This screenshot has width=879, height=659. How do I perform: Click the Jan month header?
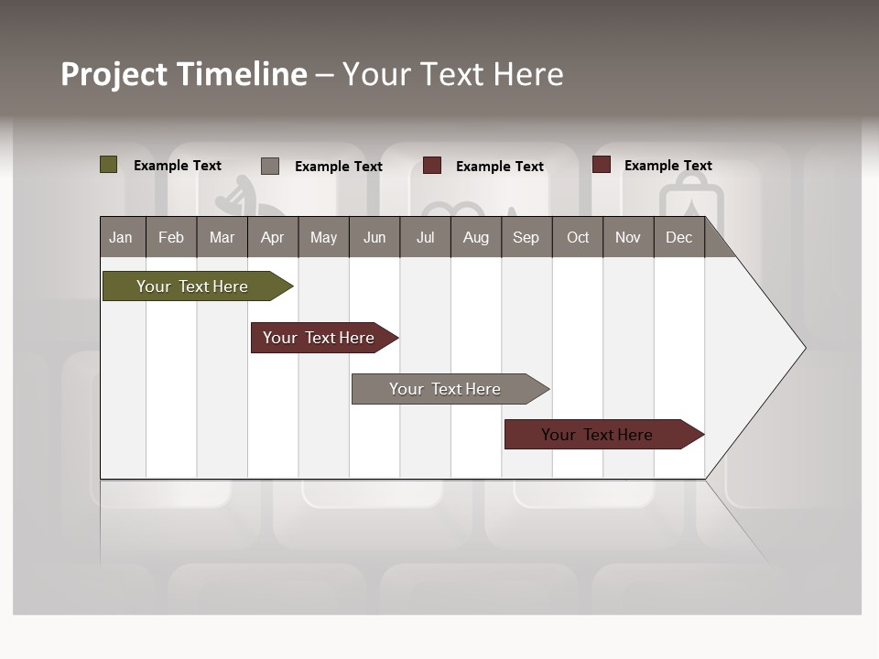(x=121, y=237)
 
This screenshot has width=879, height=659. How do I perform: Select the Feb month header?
(x=171, y=237)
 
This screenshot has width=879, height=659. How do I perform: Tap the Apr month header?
(x=272, y=237)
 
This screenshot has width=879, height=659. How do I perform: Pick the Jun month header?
(x=374, y=237)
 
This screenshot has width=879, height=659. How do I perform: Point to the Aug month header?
(x=475, y=237)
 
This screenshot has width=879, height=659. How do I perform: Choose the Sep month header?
(x=526, y=237)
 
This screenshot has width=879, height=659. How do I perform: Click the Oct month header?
(x=578, y=237)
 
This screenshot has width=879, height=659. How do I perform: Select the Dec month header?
(x=678, y=237)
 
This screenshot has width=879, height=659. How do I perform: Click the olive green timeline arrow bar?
(x=192, y=286)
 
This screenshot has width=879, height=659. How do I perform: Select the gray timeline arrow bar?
(x=445, y=389)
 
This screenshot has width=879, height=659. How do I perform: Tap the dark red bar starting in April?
(x=319, y=338)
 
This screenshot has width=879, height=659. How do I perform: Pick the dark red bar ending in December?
(x=597, y=435)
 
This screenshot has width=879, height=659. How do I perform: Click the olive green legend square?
(x=109, y=165)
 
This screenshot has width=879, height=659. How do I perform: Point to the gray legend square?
(x=270, y=166)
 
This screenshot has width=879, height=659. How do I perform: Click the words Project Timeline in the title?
(x=184, y=74)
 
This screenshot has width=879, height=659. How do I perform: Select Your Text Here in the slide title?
(x=452, y=74)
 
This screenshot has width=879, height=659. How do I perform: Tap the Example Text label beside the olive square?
(x=178, y=166)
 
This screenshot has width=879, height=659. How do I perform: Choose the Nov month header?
(x=628, y=237)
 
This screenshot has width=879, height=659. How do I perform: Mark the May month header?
(x=323, y=237)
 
